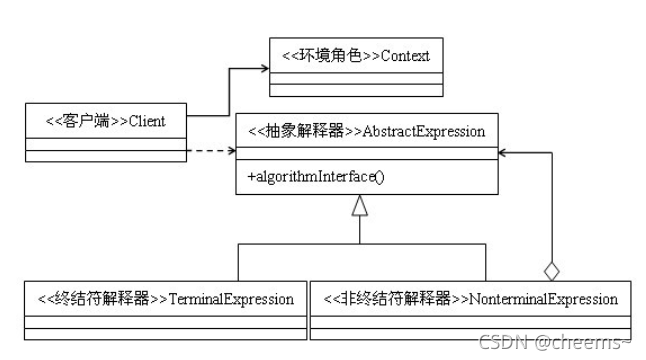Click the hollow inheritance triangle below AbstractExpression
(x=360, y=208)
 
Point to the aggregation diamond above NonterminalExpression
(x=550, y=270)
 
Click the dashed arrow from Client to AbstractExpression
(x=210, y=153)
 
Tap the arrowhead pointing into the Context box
(x=262, y=70)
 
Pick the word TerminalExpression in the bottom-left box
(x=231, y=298)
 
